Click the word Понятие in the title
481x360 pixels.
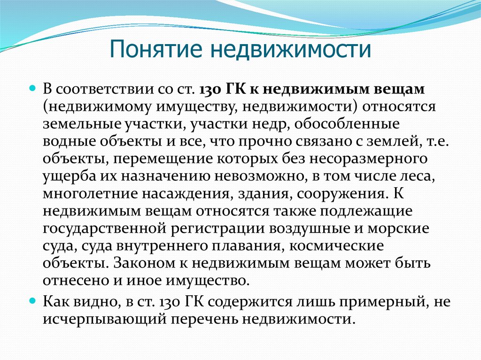tap(156, 49)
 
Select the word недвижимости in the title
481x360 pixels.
tap(291, 49)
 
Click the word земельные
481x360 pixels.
tap(81, 124)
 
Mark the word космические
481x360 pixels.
tap(336, 246)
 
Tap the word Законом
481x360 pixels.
tap(147, 264)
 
